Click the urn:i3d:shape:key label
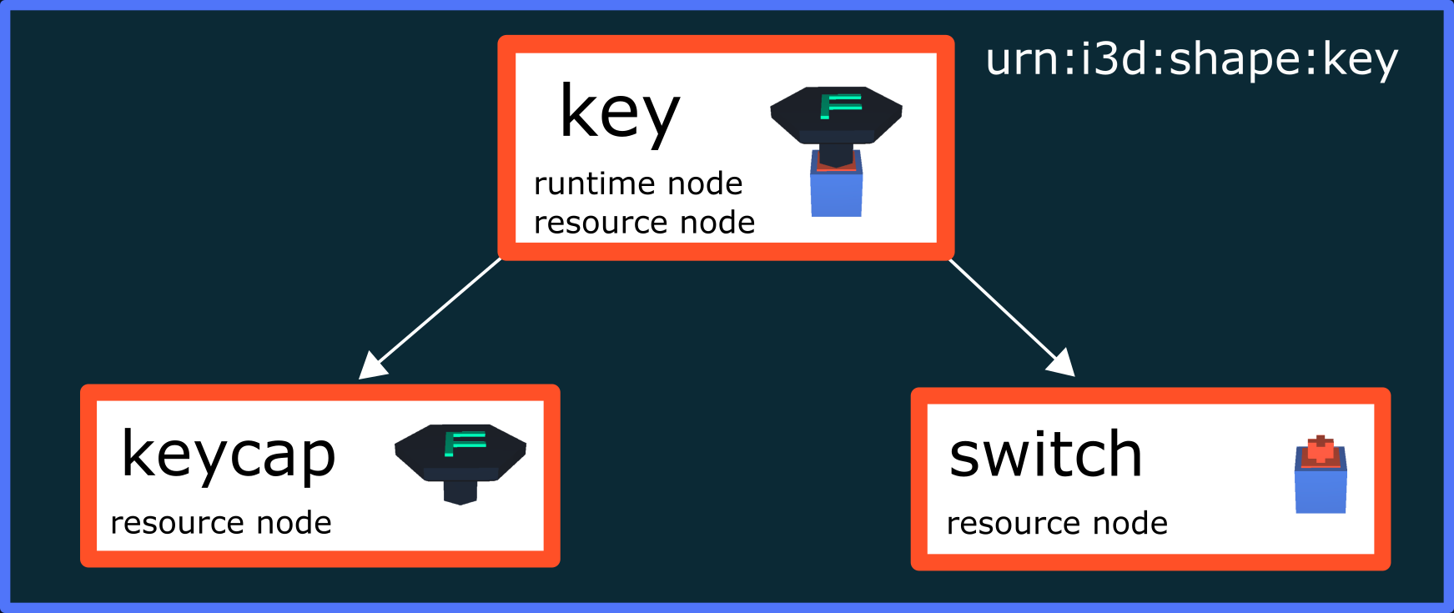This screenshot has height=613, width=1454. pyautogui.click(x=1191, y=60)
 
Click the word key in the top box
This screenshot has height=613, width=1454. pyautogui.click(x=619, y=113)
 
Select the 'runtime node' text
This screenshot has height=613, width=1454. pyautogui.click(x=638, y=183)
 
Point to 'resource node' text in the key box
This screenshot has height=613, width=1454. pyautogui.click(x=644, y=223)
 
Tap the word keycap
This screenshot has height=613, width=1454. pyautogui.click(x=228, y=455)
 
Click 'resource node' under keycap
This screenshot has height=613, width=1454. pyautogui.click(x=221, y=523)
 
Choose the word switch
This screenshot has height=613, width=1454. pyautogui.click(x=1045, y=455)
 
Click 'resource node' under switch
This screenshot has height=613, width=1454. pyautogui.click(x=1057, y=524)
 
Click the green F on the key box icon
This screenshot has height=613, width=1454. pyautogui.click(x=839, y=106)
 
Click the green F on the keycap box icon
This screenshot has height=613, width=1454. pyautogui.click(x=463, y=443)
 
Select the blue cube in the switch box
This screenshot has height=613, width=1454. pyautogui.click(x=1321, y=491)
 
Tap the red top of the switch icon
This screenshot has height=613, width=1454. pyautogui.click(x=1321, y=451)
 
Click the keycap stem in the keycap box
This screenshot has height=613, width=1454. pyautogui.click(x=460, y=492)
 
